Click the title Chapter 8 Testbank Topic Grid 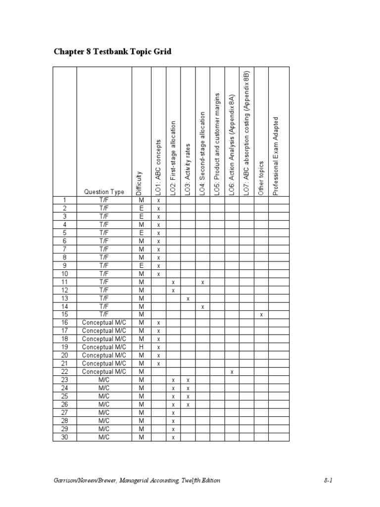112,51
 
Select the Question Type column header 104,192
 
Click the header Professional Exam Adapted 276,156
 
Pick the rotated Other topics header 261,178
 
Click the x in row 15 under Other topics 261,315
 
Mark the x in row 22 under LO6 232,372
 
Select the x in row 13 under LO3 188,299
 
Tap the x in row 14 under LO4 202,307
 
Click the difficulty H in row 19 141,348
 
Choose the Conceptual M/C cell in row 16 104,323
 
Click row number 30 64,437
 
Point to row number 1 64,201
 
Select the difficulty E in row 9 141,266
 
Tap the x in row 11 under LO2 173,282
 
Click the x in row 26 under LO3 188,405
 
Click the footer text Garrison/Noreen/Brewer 84,480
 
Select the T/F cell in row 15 104,315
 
